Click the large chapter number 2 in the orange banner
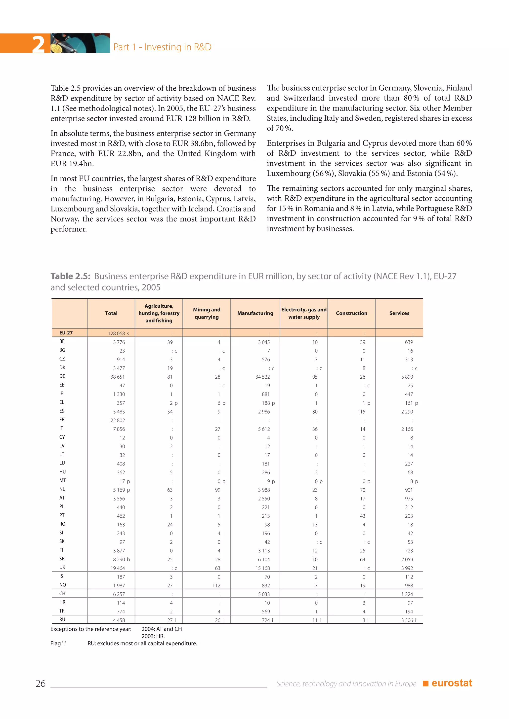click(x=39, y=44)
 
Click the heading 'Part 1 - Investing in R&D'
click(x=162, y=47)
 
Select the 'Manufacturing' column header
click(x=255, y=313)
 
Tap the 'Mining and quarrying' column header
click(x=207, y=313)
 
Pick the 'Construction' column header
click(x=351, y=313)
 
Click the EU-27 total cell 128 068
click(x=117, y=333)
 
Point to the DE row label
click(x=62, y=376)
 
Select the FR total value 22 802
click(x=118, y=420)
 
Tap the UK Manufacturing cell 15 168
click(x=262, y=568)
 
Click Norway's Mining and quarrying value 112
click(x=216, y=585)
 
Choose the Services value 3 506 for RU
click(x=407, y=620)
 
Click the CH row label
click(x=62, y=593)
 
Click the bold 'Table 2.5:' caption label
click(x=71, y=276)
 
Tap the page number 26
click(x=41, y=683)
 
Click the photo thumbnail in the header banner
click(x=80, y=43)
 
